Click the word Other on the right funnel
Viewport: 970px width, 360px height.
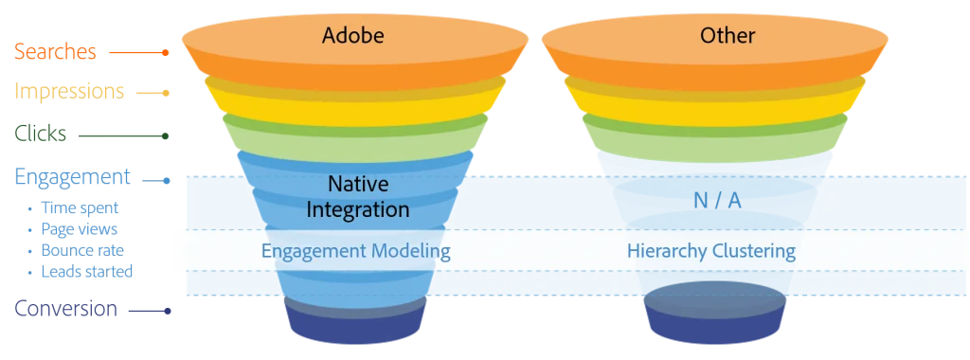pos(727,36)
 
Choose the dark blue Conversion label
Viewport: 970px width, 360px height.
pos(66,309)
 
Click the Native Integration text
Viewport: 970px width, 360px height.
pos(358,196)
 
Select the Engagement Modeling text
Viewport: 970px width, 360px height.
pos(355,252)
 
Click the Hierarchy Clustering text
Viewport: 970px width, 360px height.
pos(710,252)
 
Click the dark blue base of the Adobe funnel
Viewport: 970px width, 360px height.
pos(356,324)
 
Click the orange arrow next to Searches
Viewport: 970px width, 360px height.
pos(138,53)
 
